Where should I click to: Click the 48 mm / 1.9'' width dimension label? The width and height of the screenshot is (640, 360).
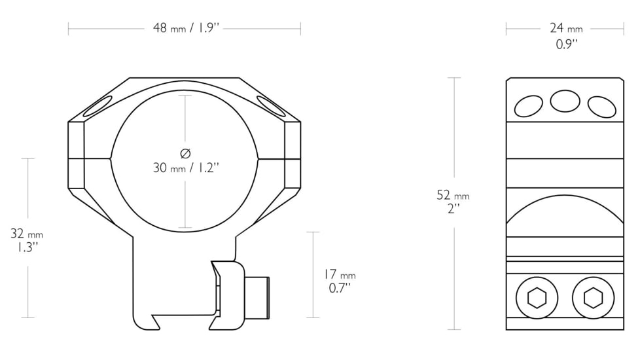coord(185,28)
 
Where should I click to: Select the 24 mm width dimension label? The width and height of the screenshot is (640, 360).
coord(565,28)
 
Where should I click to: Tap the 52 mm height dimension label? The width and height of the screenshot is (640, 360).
coord(453,195)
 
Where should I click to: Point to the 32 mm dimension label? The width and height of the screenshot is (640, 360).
coord(27,234)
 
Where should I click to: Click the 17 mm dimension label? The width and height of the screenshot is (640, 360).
coord(340,275)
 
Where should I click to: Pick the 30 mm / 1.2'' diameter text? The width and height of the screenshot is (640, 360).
coord(185,168)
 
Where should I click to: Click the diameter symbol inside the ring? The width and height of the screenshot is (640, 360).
coord(185,153)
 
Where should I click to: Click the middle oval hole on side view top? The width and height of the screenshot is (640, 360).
coord(565,101)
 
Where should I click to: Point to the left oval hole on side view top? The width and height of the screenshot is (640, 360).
coord(529,105)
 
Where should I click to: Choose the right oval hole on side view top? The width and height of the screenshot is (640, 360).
coord(601,105)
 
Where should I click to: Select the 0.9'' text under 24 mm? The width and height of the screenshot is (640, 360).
coord(565,44)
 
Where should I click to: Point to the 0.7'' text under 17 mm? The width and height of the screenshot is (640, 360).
coord(340,288)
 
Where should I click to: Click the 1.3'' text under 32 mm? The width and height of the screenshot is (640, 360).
coord(27,247)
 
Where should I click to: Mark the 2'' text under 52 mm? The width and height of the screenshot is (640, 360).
coord(453,208)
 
